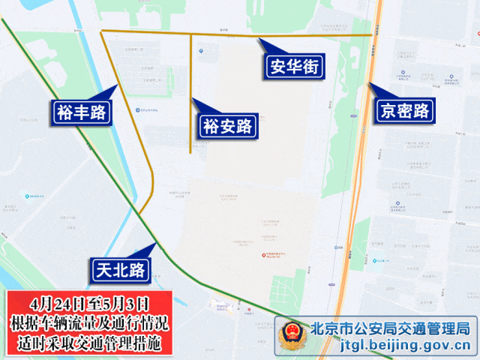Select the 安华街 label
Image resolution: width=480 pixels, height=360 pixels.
point(295,67)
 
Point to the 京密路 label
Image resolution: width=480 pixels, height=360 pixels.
point(405,111)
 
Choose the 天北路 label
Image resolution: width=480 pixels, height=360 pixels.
point(121,269)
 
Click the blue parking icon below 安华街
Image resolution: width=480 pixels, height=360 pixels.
point(201,51)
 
